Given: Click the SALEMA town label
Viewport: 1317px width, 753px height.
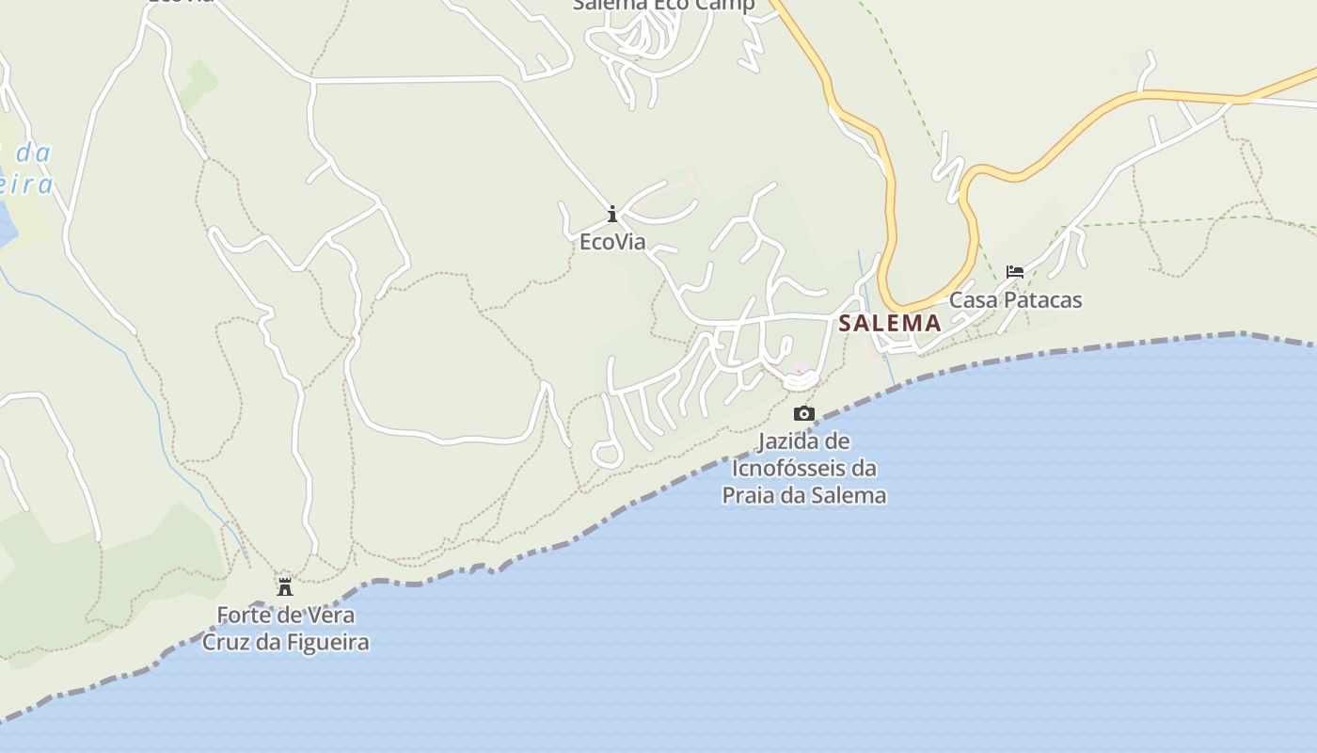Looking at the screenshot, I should [889, 323].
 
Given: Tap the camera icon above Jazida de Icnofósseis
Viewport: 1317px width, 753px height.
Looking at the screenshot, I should [803, 413].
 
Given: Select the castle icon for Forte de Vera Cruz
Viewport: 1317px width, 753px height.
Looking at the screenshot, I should [285, 587].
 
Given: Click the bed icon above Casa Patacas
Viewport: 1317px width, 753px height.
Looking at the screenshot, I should [1015, 272].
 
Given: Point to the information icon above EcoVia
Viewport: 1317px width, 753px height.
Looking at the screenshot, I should [612, 214].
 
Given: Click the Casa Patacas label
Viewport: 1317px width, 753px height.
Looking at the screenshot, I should [1015, 300].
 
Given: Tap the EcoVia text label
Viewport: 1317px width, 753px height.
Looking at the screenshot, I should [612, 242].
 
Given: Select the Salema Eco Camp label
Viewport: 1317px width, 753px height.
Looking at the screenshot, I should [663, 5].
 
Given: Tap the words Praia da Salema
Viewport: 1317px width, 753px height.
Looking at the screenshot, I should [804, 495].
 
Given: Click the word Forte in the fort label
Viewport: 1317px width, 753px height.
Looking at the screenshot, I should [243, 616].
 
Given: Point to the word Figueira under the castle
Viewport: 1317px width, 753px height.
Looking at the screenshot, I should [329, 643].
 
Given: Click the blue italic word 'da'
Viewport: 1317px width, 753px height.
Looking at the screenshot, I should [33, 152].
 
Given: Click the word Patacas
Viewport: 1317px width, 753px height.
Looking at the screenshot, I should [1041, 300].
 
